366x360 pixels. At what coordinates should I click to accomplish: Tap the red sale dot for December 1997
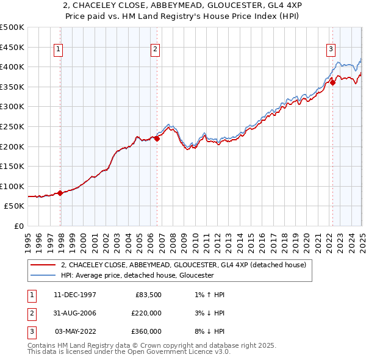60,193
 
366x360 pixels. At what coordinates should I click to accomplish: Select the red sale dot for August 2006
157,139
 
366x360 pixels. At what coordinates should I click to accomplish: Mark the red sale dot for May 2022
332,83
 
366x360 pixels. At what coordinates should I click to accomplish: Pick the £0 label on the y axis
19,226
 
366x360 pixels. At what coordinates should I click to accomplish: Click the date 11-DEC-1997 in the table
74,295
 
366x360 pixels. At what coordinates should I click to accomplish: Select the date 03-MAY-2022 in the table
74,331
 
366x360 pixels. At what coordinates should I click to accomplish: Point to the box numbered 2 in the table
30,313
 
